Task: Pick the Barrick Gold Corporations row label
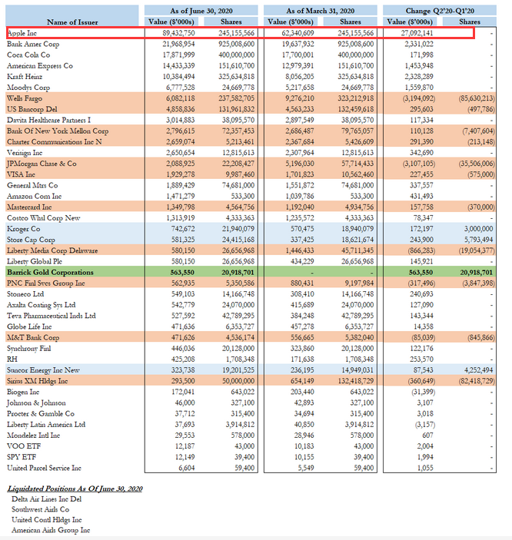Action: tap(50, 272)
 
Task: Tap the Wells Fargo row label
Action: tap(24, 99)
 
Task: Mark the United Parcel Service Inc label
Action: tap(44, 468)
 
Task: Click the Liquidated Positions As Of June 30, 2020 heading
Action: tap(75, 489)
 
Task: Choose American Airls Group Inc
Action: tap(51, 530)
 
